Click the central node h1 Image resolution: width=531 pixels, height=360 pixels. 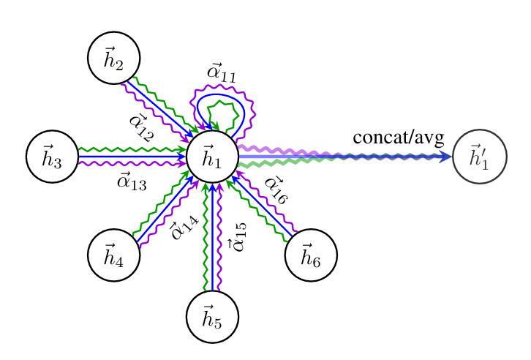point(212,157)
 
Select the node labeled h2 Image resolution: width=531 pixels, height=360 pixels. point(113,58)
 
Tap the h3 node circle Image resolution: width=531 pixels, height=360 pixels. point(52,157)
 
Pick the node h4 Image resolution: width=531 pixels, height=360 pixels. point(113,255)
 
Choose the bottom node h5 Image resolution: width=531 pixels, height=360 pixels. point(212,316)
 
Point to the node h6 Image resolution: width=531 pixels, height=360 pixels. point(311,255)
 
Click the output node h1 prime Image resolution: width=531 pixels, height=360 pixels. point(480,157)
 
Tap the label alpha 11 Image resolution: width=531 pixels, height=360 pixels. point(221,72)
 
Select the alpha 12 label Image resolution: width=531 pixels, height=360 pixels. point(140,127)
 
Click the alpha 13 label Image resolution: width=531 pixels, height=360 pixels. point(132,180)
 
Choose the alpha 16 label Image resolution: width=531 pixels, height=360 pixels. point(276,190)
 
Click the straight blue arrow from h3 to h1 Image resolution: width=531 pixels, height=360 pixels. point(132,157)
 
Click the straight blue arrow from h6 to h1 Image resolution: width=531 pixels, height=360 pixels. point(265,209)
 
